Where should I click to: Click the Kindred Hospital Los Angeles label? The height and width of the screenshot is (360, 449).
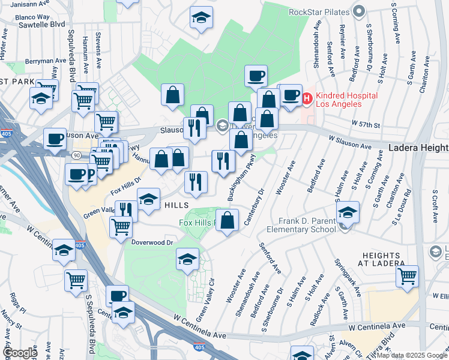pos(346,100)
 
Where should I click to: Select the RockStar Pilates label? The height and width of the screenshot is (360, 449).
pos(319,11)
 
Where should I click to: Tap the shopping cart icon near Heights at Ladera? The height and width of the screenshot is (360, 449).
pos(407,276)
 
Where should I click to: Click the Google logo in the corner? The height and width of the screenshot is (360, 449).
pos(19,353)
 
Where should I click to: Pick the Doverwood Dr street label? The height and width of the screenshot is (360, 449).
pos(152,242)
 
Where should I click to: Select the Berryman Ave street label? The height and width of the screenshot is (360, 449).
pos(46,61)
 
